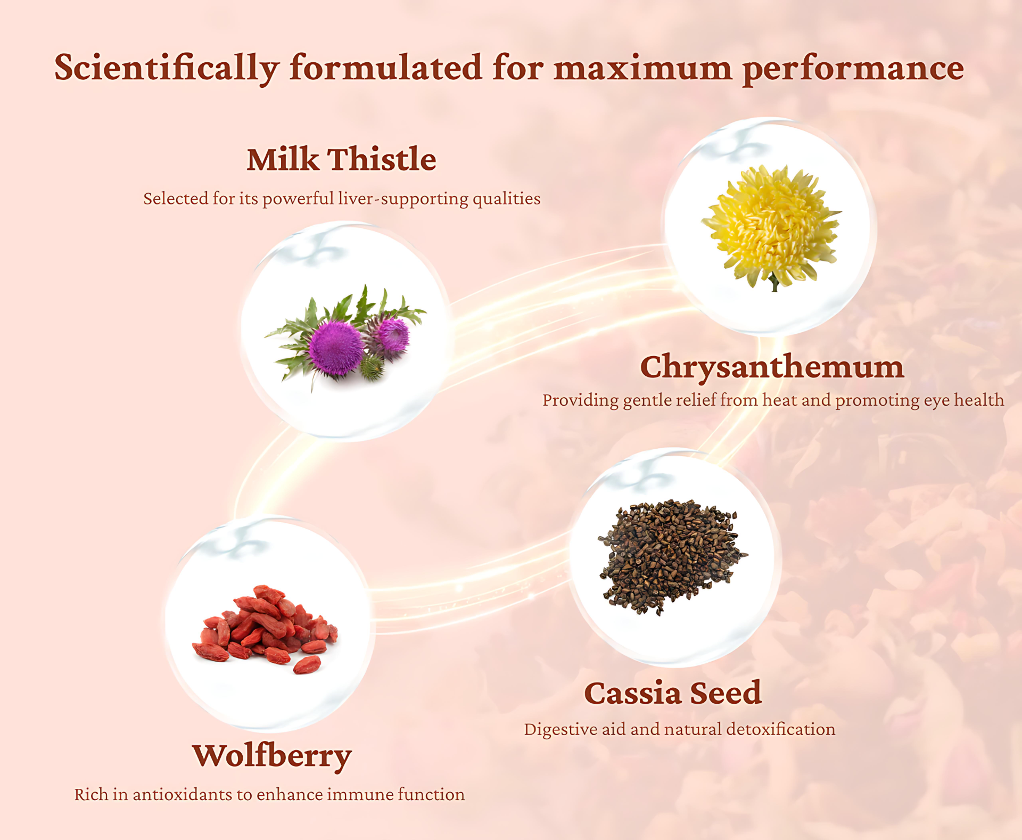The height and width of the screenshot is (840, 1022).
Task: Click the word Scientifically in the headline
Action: pos(167,68)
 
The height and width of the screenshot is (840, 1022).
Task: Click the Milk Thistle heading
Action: pos(341,159)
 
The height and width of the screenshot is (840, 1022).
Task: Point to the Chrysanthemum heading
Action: pos(772,367)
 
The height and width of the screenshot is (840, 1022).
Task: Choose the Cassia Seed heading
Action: pos(673,693)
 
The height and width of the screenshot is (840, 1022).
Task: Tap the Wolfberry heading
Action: pos(271,756)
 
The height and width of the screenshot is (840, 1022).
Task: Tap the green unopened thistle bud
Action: pos(372,367)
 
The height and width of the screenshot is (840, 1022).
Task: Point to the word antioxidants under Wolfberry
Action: pos(182,795)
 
